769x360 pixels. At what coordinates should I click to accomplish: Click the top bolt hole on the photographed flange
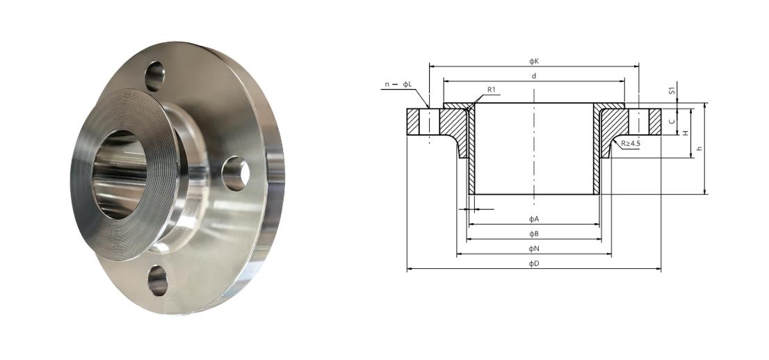point(154,76)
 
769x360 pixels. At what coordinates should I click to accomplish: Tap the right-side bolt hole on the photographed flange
point(236,174)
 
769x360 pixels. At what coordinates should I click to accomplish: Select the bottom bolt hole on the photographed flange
point(157,281)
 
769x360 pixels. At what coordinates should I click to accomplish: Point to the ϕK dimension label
point(534,61)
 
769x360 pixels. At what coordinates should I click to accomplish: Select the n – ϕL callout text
point(398,85)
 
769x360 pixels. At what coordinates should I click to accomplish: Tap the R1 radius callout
point(491,90)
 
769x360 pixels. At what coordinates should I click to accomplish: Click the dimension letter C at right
point(671,121)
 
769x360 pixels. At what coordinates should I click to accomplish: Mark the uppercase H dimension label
point(685,132)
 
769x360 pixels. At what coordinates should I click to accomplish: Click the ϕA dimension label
point(534,219)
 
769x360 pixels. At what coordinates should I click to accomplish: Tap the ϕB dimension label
point(534,234)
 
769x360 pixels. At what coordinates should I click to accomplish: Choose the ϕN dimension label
point(534,248)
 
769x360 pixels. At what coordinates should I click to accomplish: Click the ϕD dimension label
point(534,263)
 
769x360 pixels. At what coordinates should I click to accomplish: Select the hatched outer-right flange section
point(654,122)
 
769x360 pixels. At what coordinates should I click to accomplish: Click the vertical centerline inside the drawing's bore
point(534,149)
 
